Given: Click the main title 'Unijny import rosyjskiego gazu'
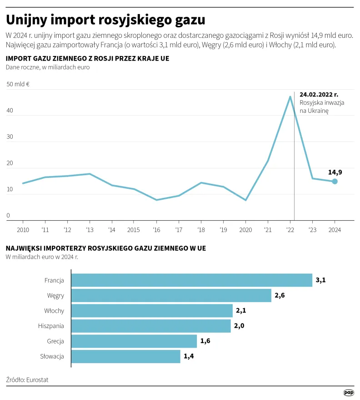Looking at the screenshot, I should click(105, 20).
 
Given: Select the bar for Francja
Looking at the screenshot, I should click(192, 280).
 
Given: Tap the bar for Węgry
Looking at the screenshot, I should click(171, 295).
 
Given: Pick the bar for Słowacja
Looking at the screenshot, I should click(126, 356).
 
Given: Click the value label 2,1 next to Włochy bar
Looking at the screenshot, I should click(241, 311).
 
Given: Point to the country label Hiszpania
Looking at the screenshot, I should click(51, 326).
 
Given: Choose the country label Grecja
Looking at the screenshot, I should click(55, 341).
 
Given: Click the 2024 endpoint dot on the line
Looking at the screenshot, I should click(335, 181).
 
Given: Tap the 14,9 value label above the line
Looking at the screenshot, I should click(335, 172).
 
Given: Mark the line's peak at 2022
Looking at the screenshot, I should click(290, 96).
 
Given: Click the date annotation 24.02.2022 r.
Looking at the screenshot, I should click(319, 94).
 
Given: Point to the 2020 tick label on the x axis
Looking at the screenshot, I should click(245, 229).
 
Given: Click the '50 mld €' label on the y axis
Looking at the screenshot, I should click(18, 84).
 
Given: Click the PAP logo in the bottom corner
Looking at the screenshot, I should click(348, 392).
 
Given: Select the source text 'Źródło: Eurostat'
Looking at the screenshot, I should click(27, 379).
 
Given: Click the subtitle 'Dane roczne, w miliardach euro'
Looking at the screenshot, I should click(48, 67).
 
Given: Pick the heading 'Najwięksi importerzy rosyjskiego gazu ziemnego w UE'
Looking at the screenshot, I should click(105, 248).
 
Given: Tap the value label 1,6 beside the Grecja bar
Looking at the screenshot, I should click(205, 341).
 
